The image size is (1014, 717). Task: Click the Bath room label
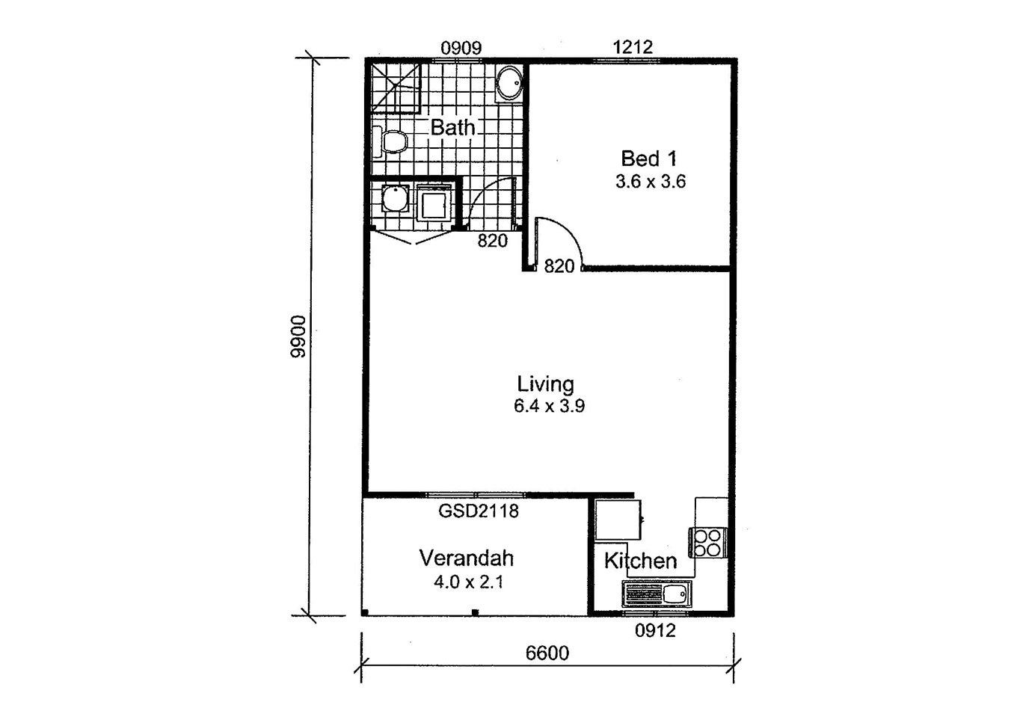[452, 128]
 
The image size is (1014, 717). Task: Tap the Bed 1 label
[648, 159]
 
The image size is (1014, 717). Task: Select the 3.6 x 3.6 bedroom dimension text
[651, 182]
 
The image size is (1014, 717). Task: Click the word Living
[545, 384]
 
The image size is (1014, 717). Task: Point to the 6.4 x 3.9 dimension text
[549, 405]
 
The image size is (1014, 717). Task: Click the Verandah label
[467, 558]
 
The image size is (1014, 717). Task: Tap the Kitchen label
[641, 561]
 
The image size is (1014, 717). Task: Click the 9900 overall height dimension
[298, 336]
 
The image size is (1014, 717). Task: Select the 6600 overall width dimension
[547, 653]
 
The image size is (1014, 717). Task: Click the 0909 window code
[461, 48]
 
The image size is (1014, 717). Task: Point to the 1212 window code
[633, 47]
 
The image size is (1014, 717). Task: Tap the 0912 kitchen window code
[655, 630]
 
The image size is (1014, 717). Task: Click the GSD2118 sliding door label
[479, 511]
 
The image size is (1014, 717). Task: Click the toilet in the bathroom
[390, 141]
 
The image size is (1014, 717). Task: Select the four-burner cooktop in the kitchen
[707, 542]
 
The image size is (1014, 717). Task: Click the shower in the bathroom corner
[396, 88]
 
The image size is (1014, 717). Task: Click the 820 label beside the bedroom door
[559, 266]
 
